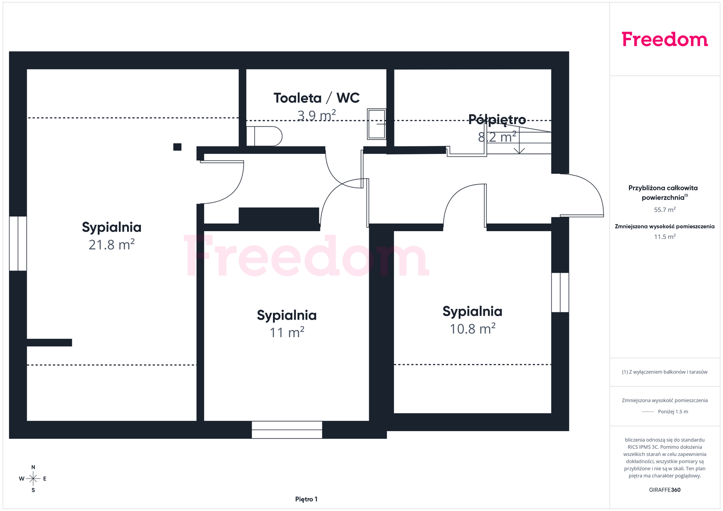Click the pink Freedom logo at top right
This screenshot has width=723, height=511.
[665, 39]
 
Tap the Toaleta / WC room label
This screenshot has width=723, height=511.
[316, 98]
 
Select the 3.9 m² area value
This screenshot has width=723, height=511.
[316, 115]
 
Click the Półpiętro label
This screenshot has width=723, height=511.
[497, 120]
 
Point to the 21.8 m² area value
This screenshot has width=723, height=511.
[111, 244]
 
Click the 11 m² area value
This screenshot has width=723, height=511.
[286, 332]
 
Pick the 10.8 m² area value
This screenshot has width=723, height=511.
[472, 329]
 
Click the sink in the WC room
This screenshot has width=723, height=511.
[376, 124]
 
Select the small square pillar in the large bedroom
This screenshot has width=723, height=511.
[177, 147]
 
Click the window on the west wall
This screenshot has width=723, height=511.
[18, 243]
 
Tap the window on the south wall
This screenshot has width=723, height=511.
[287, 430]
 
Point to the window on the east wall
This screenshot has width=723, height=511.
[560, 293]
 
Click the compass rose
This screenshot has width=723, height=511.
[33, 478]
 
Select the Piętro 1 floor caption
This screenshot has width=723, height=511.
[306, 499]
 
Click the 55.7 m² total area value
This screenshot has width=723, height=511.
[665, 209]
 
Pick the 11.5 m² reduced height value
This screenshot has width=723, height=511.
[665, 237]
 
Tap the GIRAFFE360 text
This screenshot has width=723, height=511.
[665, 490]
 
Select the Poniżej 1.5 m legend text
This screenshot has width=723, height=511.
[673, 412]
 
